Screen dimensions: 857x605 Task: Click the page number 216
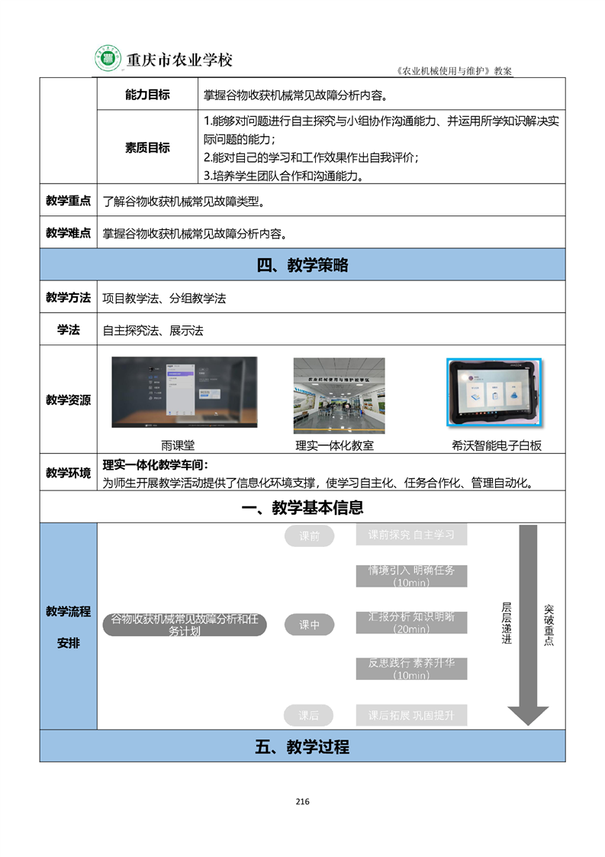pyautogui.click(x=302, y=801)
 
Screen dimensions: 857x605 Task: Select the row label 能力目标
pyautogui.click(x=147, y=95)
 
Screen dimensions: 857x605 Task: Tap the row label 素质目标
pyautogui.click(x=147, y=147)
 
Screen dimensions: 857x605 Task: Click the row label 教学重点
pyautogui.click(x=68, y=201)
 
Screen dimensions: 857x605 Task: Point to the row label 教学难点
pyautogui.click(x=68, y=233)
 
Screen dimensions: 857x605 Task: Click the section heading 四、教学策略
pyautogui.click(x=302, y=265)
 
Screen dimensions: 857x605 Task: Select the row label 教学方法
pyautogui.click(x=68, y=297)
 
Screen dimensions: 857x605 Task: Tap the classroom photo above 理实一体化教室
pyautogui.click(x=339, y=396)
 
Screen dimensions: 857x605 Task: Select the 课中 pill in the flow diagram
pyautogui.click(x=309, y=625)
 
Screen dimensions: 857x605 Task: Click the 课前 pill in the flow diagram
pyautogui.click(x=309, y=536)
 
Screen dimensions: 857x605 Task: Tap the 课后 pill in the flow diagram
pyautogui.click(x=309, y=716)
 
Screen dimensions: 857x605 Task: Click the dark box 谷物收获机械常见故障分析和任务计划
pyautogui.click(x=185, y=625)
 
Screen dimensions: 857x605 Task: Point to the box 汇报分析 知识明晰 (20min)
pyautogui.click(x=411, y=623)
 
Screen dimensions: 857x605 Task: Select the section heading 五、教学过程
pyautogui.click(x=302, y=746)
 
